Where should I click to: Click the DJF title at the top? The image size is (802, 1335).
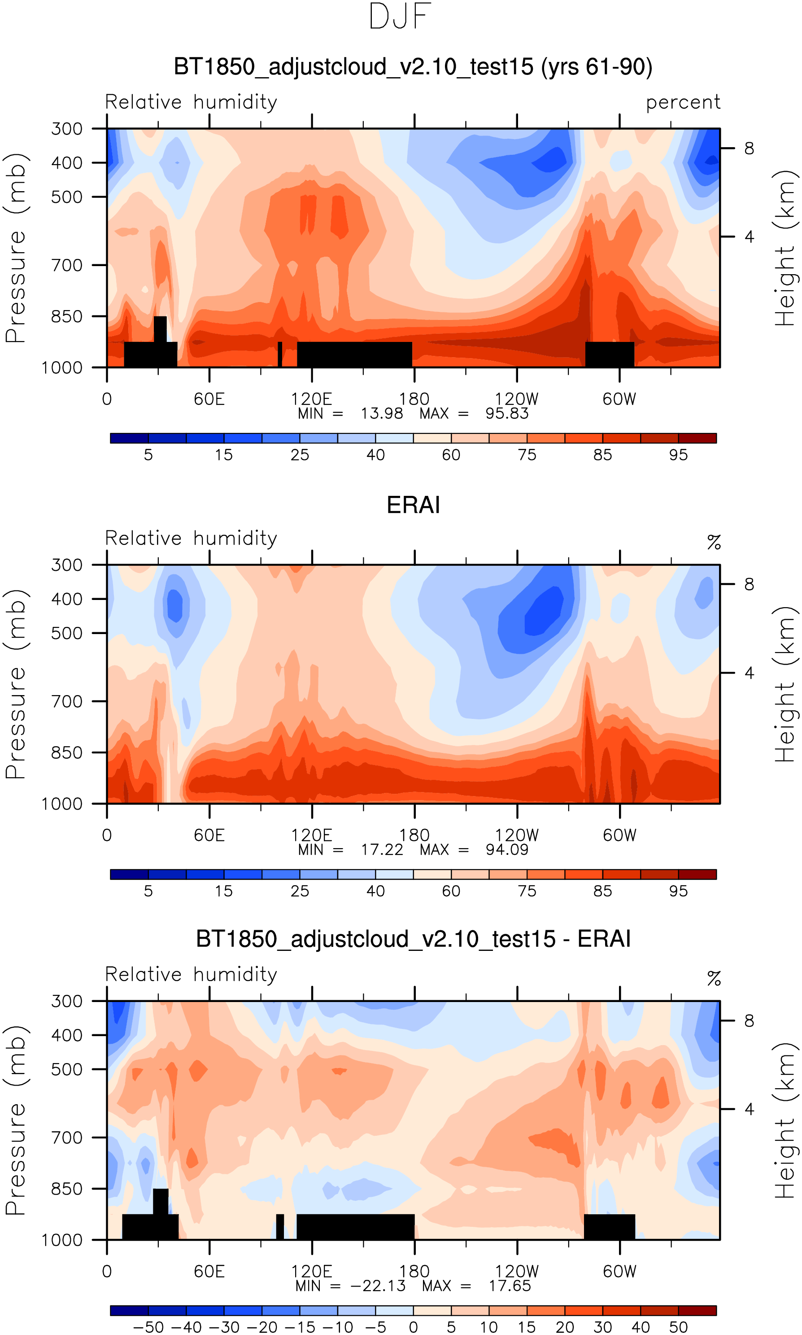point(400,17)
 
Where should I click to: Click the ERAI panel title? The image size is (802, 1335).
point(414,505)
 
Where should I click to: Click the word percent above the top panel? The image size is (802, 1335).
point(683,102)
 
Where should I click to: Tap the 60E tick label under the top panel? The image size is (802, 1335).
point(209,399)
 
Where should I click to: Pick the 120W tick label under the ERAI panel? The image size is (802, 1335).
point(517,836)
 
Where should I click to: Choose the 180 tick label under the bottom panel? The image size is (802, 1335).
point(414,1271)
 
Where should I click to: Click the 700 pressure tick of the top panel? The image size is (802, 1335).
point(67,265)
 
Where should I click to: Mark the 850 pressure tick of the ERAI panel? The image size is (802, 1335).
point(67,753)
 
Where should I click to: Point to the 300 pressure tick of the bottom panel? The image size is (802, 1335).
point(67,1002)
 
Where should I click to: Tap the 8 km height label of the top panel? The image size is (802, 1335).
point(749,148)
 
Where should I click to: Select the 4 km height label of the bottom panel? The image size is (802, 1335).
point(749,1109)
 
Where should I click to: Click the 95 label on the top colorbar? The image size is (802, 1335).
point(678,455)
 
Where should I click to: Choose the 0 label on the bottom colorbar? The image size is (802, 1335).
point(414,1327)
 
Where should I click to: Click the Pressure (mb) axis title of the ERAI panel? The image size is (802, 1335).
point(16,684)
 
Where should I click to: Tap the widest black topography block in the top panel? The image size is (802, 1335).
point(354,354)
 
